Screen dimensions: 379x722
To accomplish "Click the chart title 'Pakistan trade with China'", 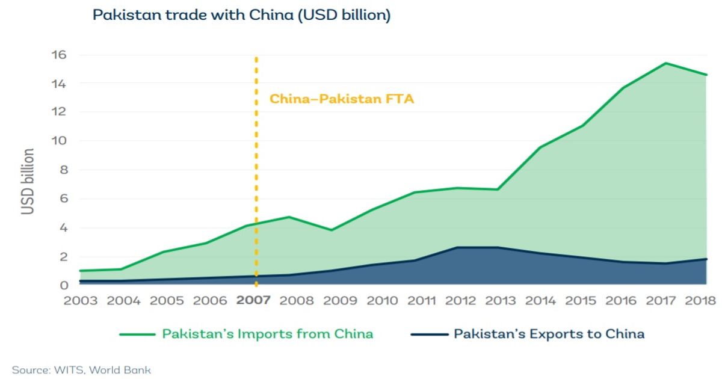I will (241, 15).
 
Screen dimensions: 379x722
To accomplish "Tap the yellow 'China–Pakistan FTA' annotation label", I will (341, 99).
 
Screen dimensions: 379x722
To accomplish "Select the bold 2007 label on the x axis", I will (254, 300).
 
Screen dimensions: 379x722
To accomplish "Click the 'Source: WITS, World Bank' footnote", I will (81, 370).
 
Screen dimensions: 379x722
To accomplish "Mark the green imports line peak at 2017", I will (665, 63).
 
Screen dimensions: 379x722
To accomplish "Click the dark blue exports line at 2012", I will (459, 247).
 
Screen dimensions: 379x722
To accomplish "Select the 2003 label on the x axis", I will (80, 300).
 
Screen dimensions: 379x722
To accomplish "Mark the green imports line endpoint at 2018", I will (706, 75).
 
